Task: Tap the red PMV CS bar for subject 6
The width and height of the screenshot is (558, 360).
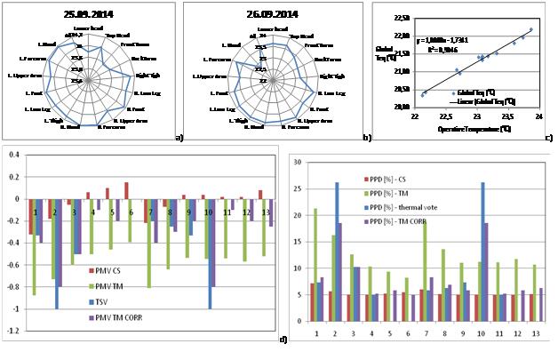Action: (x=126, y=190)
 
